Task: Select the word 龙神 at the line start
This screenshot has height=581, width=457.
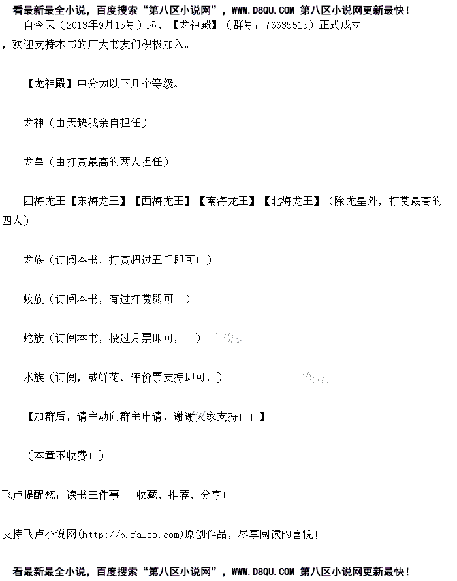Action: coord(34,123)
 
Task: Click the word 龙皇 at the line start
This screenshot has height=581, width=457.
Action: coord(34,162)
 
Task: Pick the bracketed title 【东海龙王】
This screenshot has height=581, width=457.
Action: coord(99,201)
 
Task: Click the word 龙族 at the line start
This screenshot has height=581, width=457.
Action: coord(34,260)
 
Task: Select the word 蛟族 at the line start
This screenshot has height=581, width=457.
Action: coord(34,299)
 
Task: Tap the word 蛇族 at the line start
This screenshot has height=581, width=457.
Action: coord(34,338)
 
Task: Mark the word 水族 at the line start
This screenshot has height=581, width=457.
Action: coord(34,377)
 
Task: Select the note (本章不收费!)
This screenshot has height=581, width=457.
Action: coord(65,456)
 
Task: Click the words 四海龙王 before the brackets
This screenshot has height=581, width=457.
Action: coord(44,201)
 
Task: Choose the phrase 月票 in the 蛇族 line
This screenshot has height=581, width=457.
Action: coord(146,338)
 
